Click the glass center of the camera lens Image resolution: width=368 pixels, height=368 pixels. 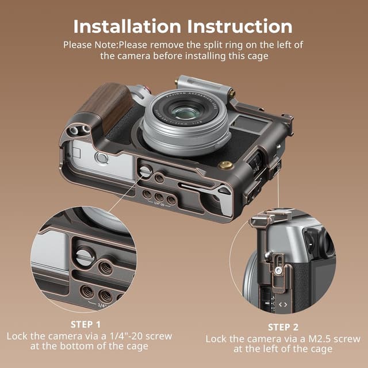183,112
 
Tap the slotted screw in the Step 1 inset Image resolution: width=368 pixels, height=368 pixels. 85,255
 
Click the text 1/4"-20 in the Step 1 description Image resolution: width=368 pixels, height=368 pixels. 118,335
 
